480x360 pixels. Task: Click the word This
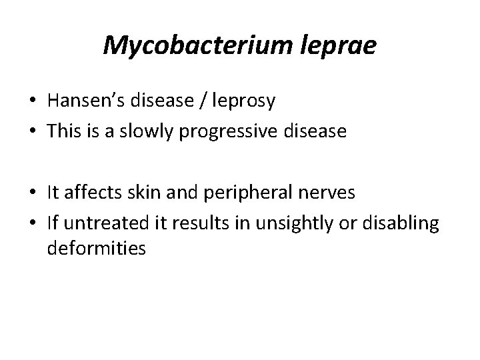(64, 131)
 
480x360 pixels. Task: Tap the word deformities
(97, 249)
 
